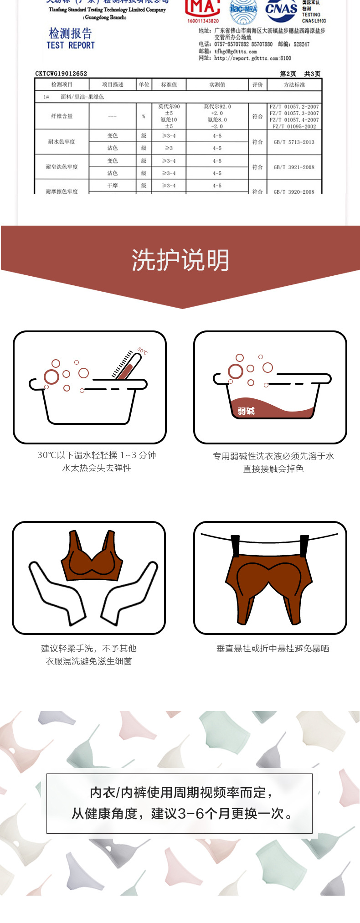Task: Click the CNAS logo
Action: click(281, 10)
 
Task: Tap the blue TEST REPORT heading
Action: click(70, 45)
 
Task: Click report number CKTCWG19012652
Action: click(61, 73)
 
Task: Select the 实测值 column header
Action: click(217, 85)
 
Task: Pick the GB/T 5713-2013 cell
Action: click(294, 142)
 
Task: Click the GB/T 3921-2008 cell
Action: click(294, 167)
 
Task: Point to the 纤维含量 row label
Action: click(62, 116)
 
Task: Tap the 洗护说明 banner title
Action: click(180, 260)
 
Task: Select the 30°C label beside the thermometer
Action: click(143, 351)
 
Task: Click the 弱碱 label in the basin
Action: click(246, 411)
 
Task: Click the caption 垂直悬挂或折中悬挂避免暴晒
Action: click(273, 649)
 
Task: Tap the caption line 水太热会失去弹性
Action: click(97, 468)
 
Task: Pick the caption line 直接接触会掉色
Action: click(273, 469)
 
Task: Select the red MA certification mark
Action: click(203, 9)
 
